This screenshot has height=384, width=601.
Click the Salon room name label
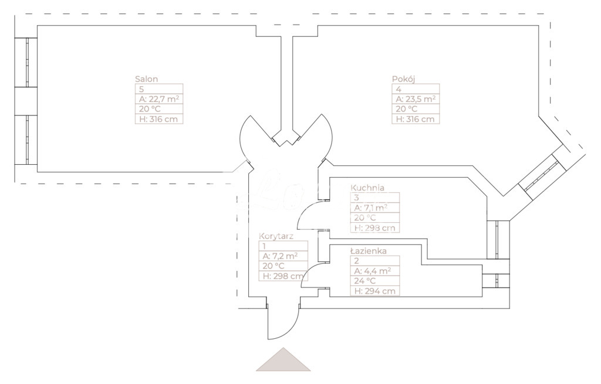coord(147,79)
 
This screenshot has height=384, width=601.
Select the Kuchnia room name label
coord(367,188)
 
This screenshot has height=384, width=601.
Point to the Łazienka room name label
coord(368,251)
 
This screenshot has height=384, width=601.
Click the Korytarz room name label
coord(276,236)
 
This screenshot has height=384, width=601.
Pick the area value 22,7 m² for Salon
coord(158,99)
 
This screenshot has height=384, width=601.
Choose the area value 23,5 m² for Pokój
coord(416,99)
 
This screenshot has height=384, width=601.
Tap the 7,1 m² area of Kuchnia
coord(369,208)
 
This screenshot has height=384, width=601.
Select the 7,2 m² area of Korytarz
coord(281,256)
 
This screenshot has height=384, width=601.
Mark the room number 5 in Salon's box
coord(141,89)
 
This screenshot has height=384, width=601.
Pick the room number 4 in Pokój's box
coord(399,89)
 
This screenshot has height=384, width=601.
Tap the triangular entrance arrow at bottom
coord(283,361)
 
